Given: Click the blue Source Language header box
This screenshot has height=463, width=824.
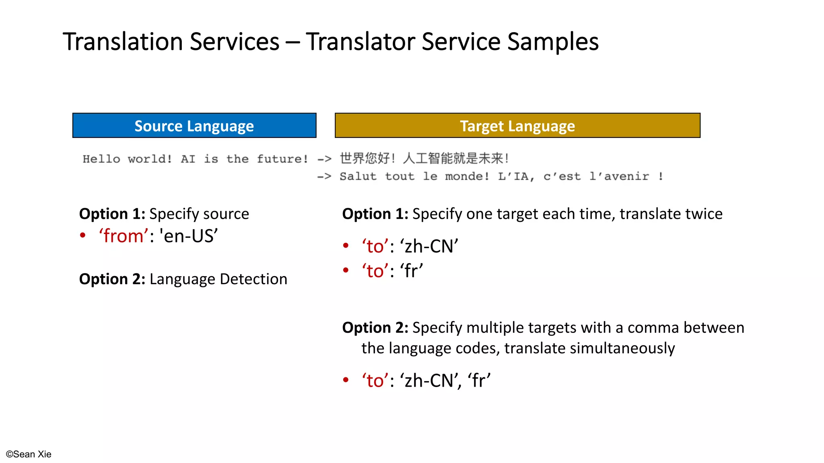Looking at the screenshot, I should [x=194, y=126].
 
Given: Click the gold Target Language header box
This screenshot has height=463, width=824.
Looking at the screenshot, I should [x=517, y=126].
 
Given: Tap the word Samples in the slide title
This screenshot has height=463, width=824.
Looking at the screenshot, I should [x=553, y=42].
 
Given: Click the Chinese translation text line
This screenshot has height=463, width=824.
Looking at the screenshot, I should [x=424, y=158].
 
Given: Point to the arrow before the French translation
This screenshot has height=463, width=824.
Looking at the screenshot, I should [x=324, y=176].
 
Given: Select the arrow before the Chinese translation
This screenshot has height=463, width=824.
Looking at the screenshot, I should [x=324, y=159].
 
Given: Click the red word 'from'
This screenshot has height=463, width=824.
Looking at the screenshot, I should [x=124, y=236].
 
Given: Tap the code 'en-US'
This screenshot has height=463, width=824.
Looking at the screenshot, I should [x=189, y=236].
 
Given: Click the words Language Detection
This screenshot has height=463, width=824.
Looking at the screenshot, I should [x=218, y=279].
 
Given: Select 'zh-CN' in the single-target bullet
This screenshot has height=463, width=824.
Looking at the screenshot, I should [x=429, y=246].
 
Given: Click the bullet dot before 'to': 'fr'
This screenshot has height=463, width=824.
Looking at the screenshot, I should [x=346, y=270].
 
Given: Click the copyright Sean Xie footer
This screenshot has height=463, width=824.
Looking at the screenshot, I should [x=29, y=454].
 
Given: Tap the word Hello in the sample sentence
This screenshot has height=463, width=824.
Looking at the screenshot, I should [x=101, y=159].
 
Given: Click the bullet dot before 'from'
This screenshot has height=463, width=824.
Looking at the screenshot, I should [x=82, y=236].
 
